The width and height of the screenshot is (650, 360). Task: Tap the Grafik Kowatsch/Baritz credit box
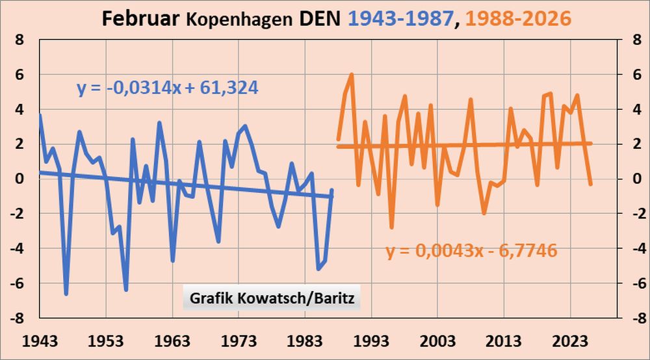pyautogui.click(x=271, y=299)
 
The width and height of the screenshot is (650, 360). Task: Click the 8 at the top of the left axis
pyautogui.click(x=21, y=40)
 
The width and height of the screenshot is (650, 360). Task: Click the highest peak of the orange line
pyautogui.click(x=352, y=74)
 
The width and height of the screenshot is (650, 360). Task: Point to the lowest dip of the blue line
pyautogui.click(x=66, y=294)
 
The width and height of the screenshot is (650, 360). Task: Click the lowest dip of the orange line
pyautogui.click(x=391, y=227)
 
